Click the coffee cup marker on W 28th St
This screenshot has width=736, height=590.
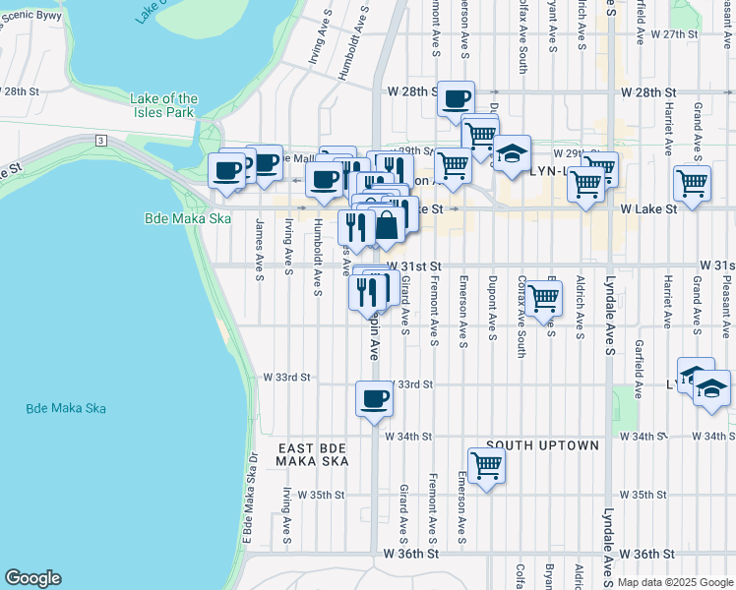coord(456,99)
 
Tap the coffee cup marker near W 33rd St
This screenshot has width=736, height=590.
coord(373,399)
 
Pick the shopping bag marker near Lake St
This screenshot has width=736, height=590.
coord(388,224)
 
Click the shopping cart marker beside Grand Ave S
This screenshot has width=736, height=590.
coord(692,182)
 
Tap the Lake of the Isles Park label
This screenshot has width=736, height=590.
coord(163,105)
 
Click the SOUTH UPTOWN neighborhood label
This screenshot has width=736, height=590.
coord(541,445)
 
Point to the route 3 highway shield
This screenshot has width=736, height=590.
coord(101,141)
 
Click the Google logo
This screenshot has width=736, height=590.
coord(31,579)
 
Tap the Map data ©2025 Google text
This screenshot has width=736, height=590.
coord(675,582)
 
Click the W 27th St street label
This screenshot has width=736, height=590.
coord(673,33)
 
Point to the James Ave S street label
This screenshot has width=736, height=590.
coord(259,250)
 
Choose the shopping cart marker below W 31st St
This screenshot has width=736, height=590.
coord(543,298)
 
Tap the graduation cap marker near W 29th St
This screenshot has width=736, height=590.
coord(512,153)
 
